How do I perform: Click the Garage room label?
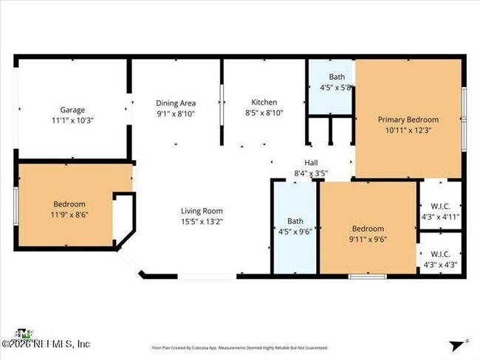(72, 109)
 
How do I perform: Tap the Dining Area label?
(176, 103)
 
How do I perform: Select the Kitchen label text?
(264, 103)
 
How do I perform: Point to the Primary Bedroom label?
(408, 120)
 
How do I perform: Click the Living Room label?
(202, 210)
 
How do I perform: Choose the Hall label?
(311, 163)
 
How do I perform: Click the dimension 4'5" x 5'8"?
(337, 87)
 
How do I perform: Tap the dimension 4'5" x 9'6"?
(295, 230)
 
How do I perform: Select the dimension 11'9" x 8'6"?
(69, 215)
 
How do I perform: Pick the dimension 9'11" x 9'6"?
(367, 239)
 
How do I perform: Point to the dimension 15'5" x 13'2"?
(202, 221)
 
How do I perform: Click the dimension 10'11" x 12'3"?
(408, 130)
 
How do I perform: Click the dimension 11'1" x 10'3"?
(72, 120)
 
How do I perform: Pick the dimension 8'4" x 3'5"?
(311, 173)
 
